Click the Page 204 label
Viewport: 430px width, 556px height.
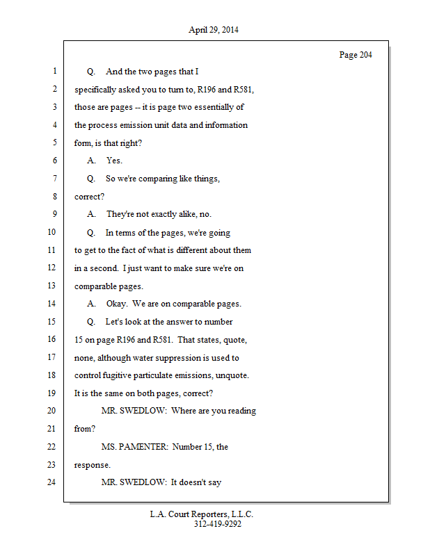pos(355,55)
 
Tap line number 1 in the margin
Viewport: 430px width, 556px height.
pos(54,72)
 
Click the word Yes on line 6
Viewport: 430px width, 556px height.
pos(114,161)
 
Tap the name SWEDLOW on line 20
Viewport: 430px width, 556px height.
pos(143,411)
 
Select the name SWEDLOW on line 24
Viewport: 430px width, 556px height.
pos(143,482)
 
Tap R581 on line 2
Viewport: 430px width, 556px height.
pos(225,90)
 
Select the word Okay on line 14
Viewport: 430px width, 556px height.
pos(117,304)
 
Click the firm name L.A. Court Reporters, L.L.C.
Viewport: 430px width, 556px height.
pos(202,514)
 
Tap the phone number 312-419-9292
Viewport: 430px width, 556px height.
pos(218,525)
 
